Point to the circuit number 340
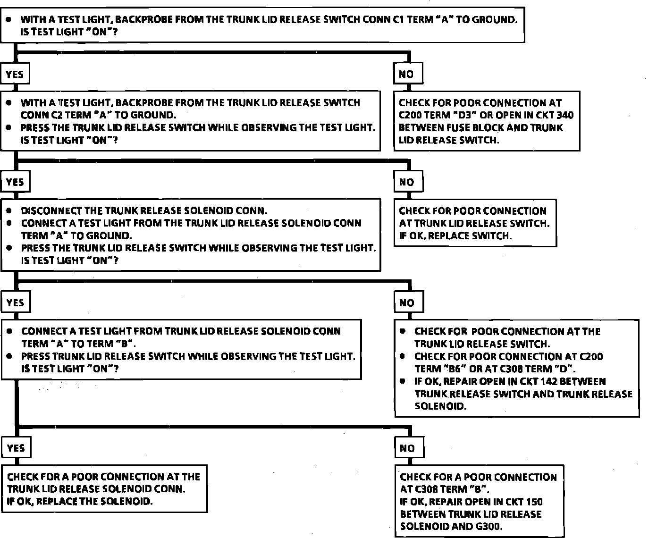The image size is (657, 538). tap(564, 115)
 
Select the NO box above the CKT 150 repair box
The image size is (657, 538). tap(407, 448)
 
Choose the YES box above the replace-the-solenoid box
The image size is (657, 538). tap(16, 448)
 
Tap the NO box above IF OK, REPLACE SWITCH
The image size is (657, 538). tap(406, 182)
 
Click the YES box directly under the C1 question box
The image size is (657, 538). tap(15, 74)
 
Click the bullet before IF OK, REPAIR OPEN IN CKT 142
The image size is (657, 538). tap(403, 381)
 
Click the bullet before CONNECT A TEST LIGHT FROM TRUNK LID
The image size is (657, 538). tap(9, 331)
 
